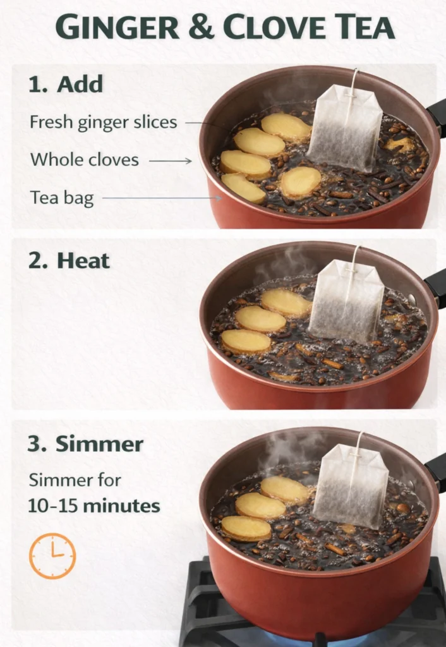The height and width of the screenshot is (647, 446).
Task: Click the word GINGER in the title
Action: click(118, 27)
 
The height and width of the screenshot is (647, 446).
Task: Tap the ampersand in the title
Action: click(202, 27)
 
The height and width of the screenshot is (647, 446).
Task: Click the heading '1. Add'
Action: click(66, 85)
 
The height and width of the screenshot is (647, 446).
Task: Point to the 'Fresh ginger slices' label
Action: click(104, 123)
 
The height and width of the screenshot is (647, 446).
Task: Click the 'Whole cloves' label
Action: click(85, 160)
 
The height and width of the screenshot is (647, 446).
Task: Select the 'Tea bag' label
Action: click(62, 198)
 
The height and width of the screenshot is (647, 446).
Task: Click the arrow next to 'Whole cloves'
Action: click(171, 161)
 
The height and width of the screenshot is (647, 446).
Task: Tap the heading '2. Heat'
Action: click(69, 261)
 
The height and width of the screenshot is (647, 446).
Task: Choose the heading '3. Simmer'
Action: click(85, 444)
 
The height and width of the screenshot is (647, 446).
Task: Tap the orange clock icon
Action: click(52, 555)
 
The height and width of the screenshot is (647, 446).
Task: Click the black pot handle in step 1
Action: click(437, 116)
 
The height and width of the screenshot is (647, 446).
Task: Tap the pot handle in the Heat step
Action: click(437, 287)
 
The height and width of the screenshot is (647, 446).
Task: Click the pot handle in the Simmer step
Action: click(437, 471)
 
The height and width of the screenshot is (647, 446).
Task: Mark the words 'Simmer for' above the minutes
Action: click(75, 480)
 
